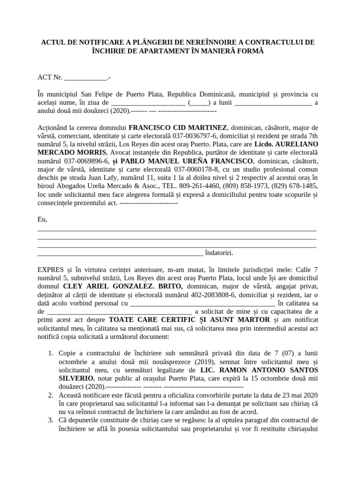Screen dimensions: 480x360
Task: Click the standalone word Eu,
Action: pos(42,219)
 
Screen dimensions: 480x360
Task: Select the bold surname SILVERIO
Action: pos(76,379)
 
